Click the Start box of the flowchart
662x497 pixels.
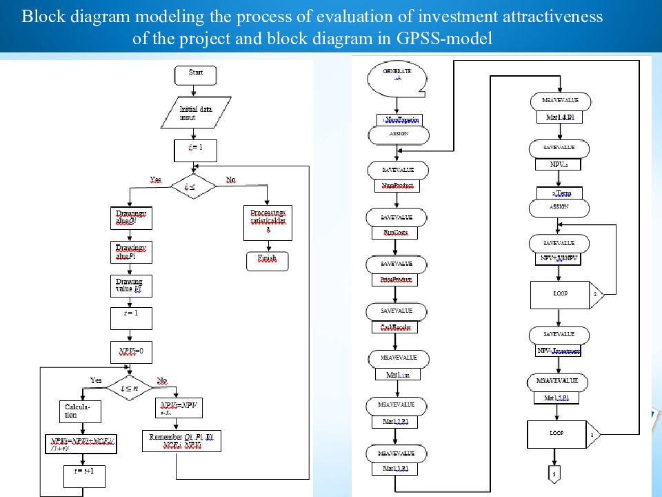click(195, 72)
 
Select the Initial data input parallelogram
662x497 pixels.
click(196, 113)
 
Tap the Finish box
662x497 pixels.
click(267, 260)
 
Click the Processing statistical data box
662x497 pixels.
click(268, 222)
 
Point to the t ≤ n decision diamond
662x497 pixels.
click(128, 389)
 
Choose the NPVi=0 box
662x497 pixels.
click(130, 351)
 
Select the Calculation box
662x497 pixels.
click(81, 411)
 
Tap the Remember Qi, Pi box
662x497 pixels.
click(182, 441)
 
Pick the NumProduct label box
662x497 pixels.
click(397, 186)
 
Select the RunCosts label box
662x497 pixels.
click(397, 233)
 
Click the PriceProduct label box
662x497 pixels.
click(397, 280)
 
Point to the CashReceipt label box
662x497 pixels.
click(397, 327)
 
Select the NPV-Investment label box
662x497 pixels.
click(559, 351)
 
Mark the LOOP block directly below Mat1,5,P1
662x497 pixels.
click(559, 433)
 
